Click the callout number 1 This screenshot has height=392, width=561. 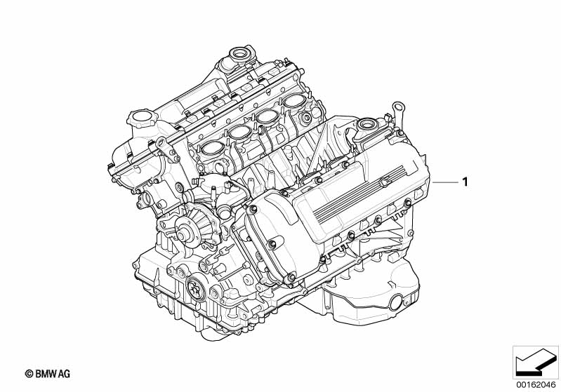pos(465,182)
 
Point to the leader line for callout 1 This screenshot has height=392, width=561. pos(445,182)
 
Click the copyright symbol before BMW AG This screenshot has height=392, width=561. pos(29,374)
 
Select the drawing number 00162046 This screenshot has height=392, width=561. pos(536,385)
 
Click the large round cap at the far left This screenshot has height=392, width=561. pos(142,117)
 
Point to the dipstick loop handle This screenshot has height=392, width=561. pos(397,107)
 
